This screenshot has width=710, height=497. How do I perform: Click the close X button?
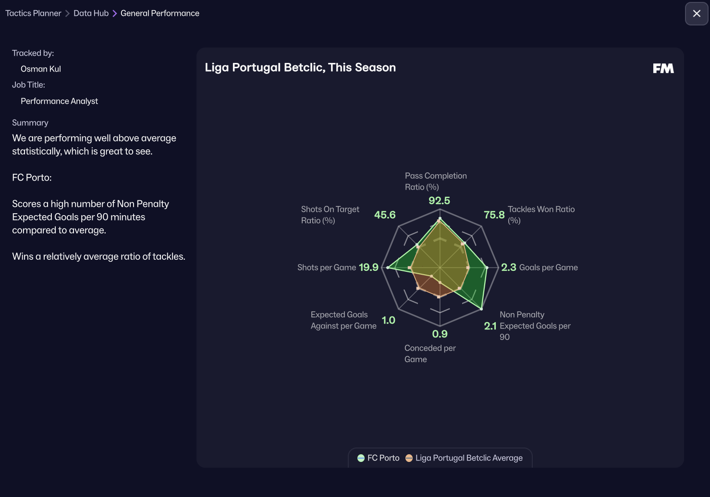(x=697, y=13)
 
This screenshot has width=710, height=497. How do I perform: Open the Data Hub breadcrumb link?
(x=91, y=13)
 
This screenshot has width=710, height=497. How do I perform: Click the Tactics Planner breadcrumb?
(x=33, y=13)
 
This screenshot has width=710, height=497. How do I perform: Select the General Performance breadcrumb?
(x=159, y=13)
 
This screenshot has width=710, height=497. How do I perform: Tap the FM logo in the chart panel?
(x=663, y=69)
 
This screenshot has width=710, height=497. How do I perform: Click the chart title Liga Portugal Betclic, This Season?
(x=300, y=68)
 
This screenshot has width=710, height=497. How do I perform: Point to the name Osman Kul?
(x=41, y=69)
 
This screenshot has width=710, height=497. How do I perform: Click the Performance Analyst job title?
(x=59, y=101)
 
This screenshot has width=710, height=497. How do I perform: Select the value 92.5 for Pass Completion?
(x=439, y=201)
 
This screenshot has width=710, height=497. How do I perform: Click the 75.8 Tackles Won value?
(x=494, y=215)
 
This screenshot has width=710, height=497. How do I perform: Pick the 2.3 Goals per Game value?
(x=508, y=267)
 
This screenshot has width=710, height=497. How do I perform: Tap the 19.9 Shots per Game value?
(x=368, y=267)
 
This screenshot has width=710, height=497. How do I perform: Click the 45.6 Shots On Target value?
(x=385, y=215)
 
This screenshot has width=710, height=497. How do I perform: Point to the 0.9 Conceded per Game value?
(x=440, y=334)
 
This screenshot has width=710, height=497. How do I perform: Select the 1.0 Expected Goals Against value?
(x=388, y=320)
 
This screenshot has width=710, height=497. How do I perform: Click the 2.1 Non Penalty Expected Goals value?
(x=490, y=326)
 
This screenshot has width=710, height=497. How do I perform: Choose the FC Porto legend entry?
(x=379, y=458)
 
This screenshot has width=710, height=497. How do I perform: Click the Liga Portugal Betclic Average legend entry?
(x=464, y=458)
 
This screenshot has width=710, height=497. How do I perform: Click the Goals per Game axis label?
(x=548, y=267)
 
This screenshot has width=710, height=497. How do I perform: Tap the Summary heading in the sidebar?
(x=30, y=123)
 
